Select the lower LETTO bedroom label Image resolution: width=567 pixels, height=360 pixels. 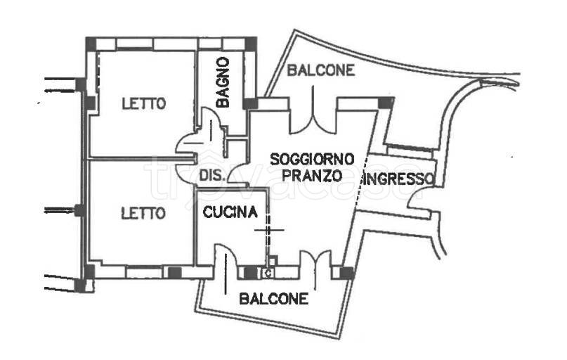(x=143, y=212)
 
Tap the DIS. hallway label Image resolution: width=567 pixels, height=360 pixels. (x=211, y=176)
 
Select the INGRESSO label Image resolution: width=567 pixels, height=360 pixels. (x=396, y=179)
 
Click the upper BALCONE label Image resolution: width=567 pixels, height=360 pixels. (x=320, y=70)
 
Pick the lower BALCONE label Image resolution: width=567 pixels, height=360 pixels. (x=274, y=299)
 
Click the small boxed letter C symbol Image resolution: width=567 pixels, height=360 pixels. (x=268, y=274)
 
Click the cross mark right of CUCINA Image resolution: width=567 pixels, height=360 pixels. (x=269, y=229)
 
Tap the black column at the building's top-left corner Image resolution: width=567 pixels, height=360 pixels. (x=91, y=43)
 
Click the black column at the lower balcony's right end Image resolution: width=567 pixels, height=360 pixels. (x=346, y=273)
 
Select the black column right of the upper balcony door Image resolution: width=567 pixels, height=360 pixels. (x=385, y=103)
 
